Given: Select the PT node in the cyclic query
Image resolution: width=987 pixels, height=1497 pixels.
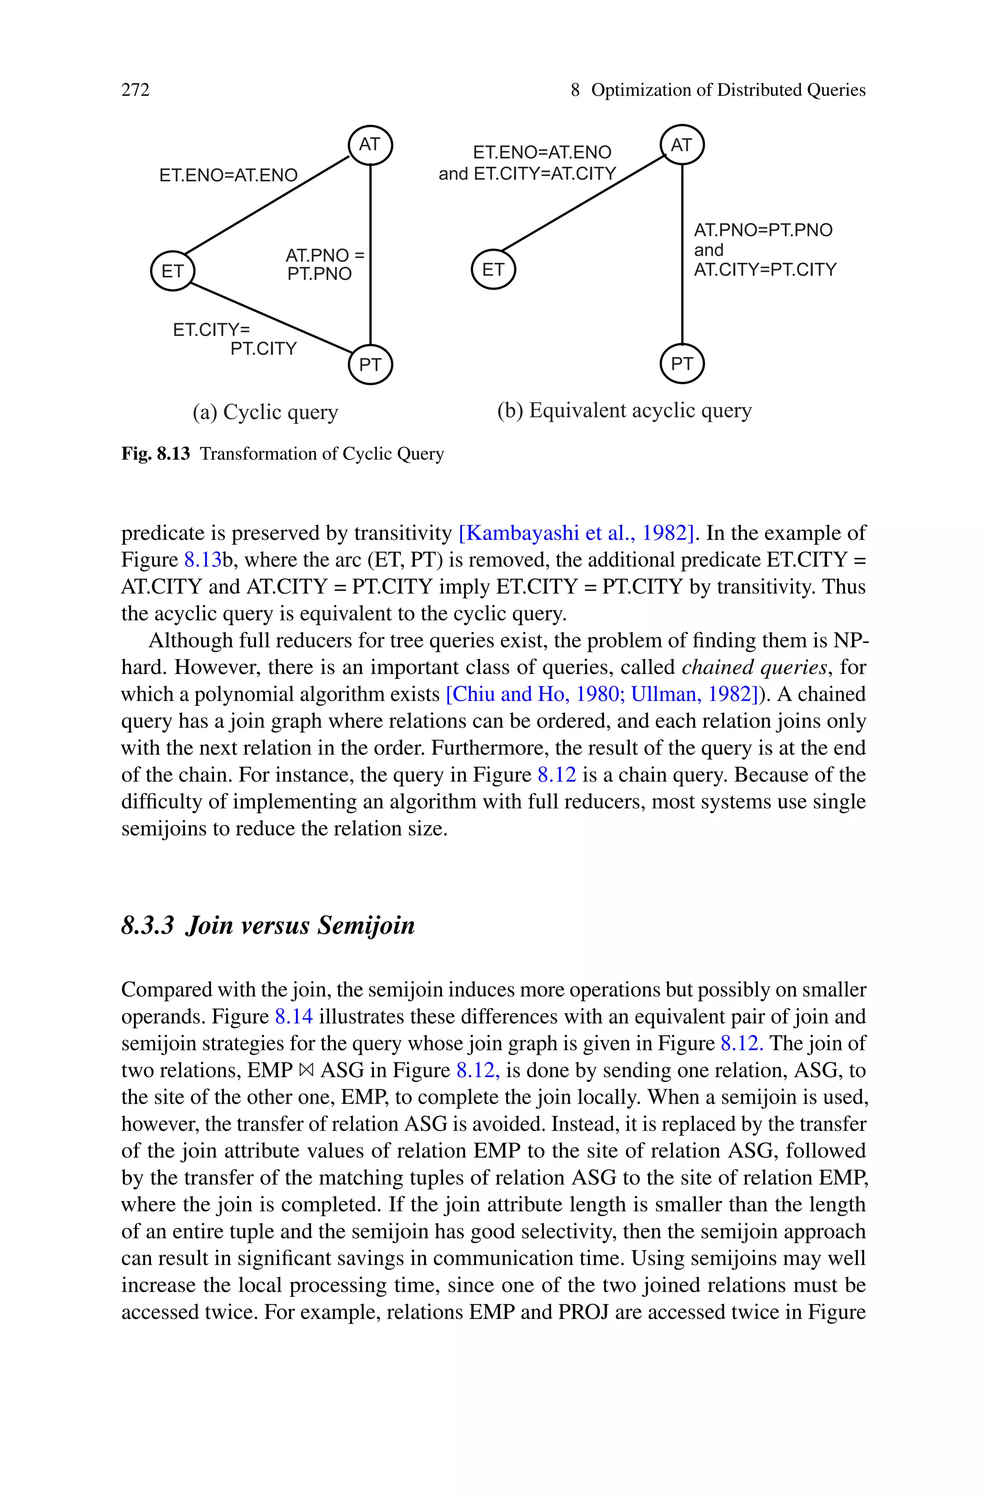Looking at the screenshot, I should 370,364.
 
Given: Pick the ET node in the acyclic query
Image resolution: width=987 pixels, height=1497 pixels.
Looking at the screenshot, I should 493,270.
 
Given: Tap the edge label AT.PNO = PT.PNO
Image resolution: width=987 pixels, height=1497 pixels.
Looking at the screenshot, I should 323,264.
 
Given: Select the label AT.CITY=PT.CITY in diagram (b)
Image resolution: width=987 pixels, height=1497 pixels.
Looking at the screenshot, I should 765,270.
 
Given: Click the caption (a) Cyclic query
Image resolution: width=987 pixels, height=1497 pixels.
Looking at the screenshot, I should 265,412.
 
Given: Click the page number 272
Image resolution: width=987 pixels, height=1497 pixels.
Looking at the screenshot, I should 135,90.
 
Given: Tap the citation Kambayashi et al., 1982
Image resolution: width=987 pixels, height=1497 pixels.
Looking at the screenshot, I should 576,533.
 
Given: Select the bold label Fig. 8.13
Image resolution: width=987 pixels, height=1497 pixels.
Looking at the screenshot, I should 156,454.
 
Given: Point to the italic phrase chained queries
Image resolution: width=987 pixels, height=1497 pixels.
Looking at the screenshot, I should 754,667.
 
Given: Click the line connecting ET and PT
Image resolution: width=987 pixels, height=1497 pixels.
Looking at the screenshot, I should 271,318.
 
